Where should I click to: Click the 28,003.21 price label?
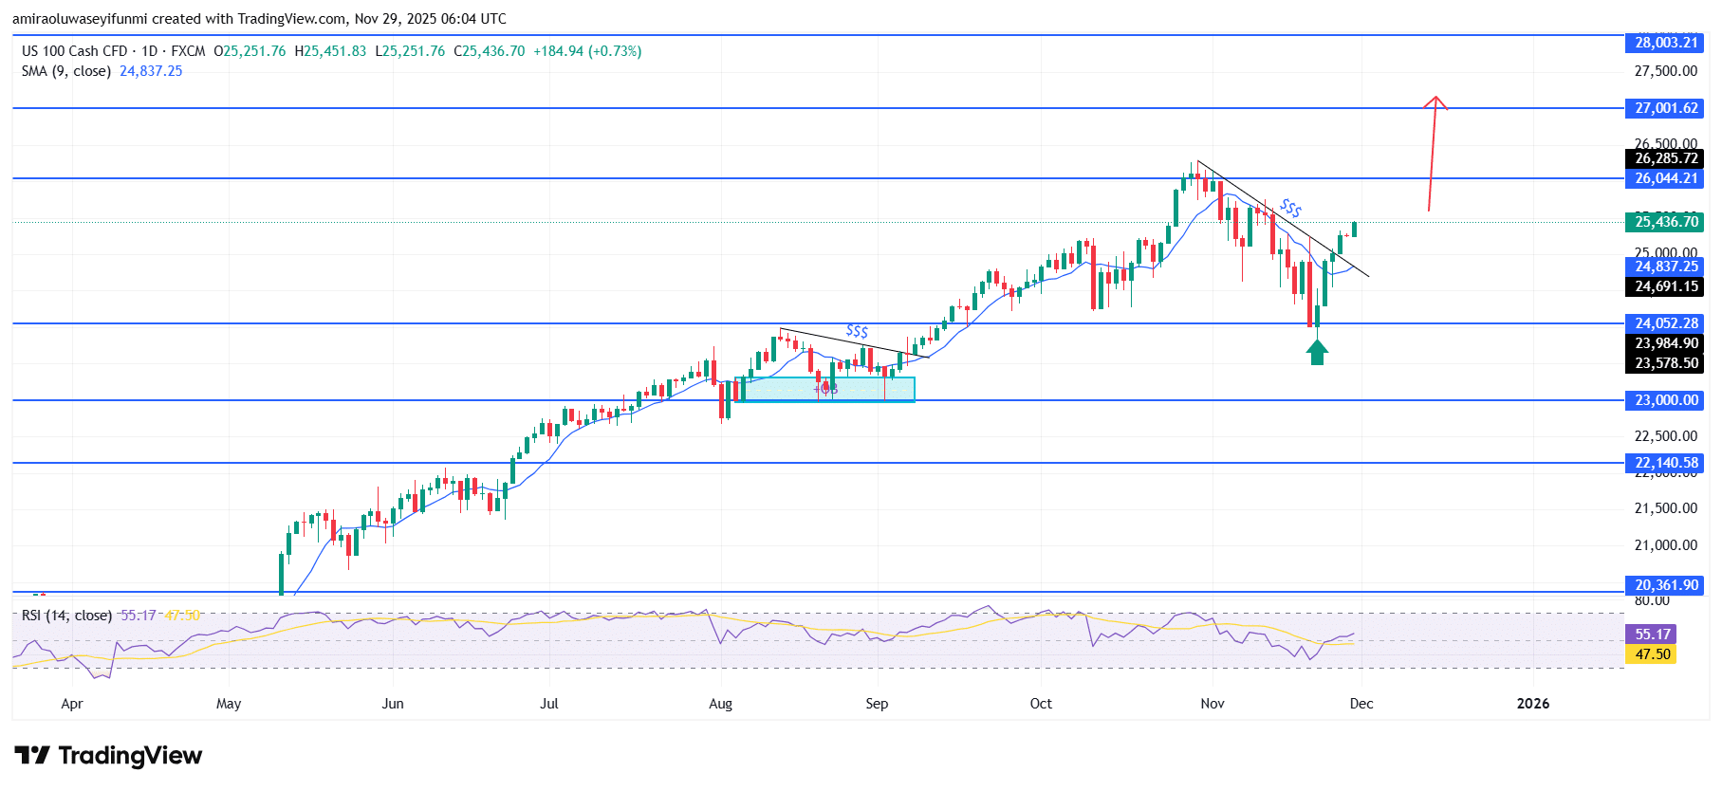[1665, 43]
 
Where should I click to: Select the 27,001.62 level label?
[1665, 108]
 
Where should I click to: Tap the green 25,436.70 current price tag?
[1665, 222]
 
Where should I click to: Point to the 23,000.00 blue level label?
[1665, 400]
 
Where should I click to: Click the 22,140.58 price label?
[1665, 463]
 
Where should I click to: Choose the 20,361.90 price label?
[1665, 585]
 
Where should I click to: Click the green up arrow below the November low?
[1317, 353]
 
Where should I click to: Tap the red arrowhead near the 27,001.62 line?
[1435, 102]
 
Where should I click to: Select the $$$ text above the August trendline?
[857, 331]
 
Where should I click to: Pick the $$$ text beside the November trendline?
[1290, 208]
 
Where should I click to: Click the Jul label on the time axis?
[548, 704]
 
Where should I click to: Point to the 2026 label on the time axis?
[1532, 704]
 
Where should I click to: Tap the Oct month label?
[1041, 704]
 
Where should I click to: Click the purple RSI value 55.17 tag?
[1652, 635]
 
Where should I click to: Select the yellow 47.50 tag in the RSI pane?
[1652, 654]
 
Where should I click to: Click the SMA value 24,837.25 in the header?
[151, 71]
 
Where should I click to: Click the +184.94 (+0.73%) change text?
[587, 51]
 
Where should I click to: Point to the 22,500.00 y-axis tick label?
[1665, 436]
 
